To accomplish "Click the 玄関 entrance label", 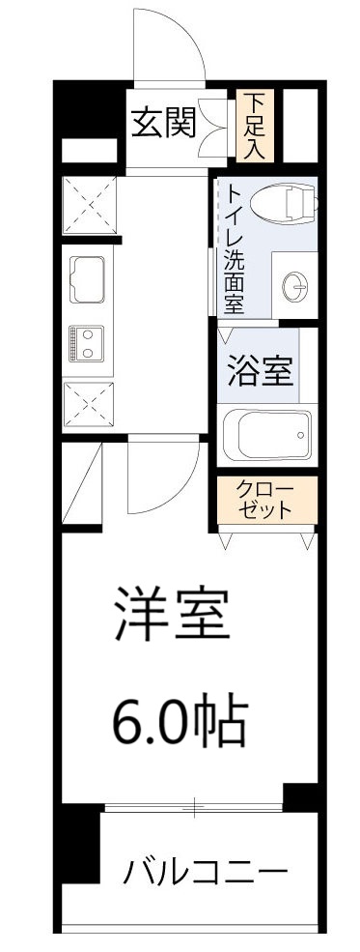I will [x=163, y=123].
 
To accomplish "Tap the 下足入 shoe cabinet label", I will [x=255, y=126].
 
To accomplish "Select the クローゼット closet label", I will [x=264, y=501].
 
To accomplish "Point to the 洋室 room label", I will [x=172, y=615].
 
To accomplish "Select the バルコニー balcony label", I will [x=205, y=874].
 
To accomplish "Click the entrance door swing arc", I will [x=171, y=48].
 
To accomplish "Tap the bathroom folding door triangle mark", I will [x=225, y=337].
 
